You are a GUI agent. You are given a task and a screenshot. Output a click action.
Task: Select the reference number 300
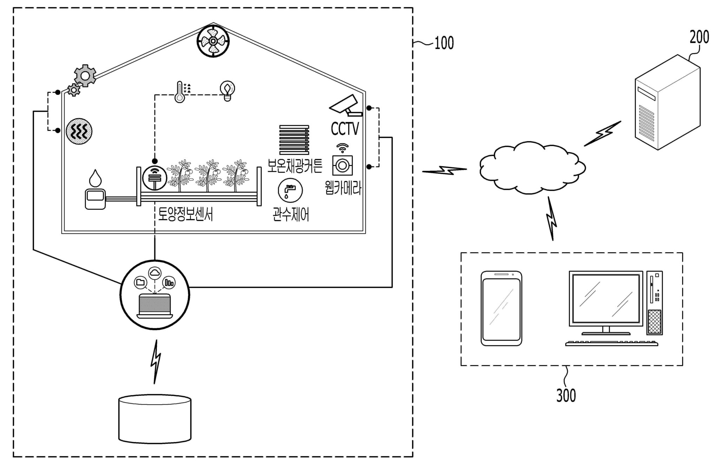(566, 395)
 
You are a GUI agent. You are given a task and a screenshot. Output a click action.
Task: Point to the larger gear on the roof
(85, 75)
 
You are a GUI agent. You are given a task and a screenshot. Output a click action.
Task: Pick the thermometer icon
(180, 92)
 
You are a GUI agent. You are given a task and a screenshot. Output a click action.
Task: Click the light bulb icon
(227, 91)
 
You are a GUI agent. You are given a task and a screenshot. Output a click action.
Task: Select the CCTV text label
(345, 129)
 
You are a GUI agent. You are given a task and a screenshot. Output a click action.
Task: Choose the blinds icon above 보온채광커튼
(294, 140)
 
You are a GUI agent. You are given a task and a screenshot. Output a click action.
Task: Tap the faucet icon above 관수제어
(290, 190)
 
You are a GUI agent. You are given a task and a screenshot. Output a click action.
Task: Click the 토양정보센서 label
(185, 214)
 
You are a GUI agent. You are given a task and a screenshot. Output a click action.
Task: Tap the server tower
(667, 102)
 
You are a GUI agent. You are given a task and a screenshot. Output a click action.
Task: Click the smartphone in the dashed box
(501, 308)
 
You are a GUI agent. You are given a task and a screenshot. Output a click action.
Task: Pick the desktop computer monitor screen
(606, 298)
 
